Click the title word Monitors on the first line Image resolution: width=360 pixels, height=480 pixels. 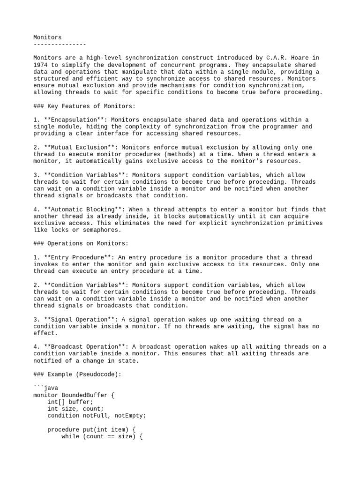coord(47,37)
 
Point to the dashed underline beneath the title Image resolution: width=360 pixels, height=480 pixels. coord(60,44)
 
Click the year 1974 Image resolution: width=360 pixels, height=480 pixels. coord(40,65)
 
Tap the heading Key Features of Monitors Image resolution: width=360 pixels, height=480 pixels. coord(87,106)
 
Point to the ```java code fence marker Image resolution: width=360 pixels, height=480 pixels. coord(45,389)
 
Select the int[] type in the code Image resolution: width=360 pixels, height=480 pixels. coord(56,402)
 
